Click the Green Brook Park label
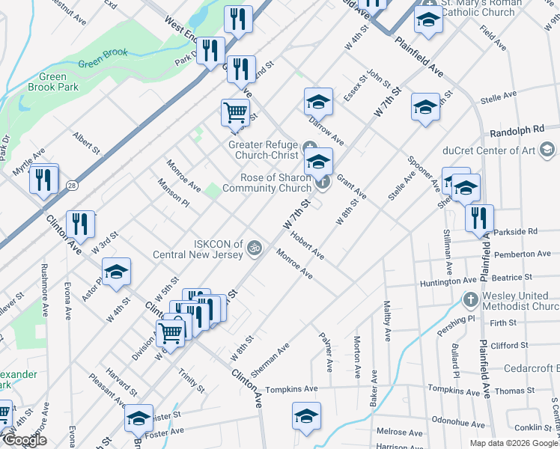pos(58,82)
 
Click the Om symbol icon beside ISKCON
pos(255,246)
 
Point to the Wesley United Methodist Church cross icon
pos(469,301)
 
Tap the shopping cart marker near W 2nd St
pos(235,112)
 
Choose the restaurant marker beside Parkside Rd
pos(479,217)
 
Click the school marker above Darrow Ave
pos(318,100)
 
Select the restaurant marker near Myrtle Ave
pos(44,179)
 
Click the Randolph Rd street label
pos(514,131)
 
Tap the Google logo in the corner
pos(24,441)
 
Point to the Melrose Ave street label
pos(401,432)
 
